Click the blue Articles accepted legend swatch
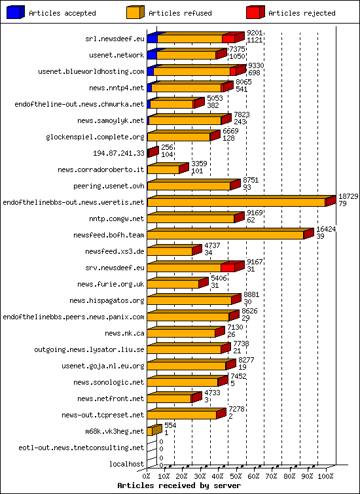pos(16,12)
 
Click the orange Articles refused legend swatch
pos(135,12)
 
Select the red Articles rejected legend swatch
pos(255,12)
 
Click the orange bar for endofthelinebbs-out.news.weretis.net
pos(236,202)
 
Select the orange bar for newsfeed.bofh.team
pos(225,235)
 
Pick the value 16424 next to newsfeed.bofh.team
pos(325,229)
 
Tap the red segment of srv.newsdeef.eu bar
pos(228,268)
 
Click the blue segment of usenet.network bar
pos(151,55)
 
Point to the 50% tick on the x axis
pos(236,476)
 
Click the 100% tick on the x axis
pos(325,476)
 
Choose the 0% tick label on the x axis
pos(147,476)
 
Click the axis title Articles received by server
pos(179,485)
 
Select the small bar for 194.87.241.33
pos(151,153)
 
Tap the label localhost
pos(127,464)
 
